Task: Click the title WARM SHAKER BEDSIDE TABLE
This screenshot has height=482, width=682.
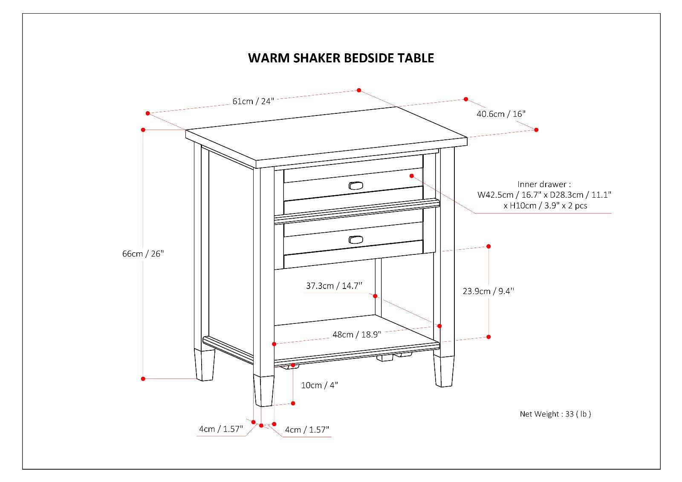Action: tap(341, 58)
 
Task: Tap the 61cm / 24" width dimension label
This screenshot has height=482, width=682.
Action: tap(253, 101)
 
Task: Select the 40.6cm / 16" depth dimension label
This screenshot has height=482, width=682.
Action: tap(501, 114)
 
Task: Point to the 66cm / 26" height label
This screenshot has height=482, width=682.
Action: tap(143, 254)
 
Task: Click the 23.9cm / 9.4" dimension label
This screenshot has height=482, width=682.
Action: tap(488, 291)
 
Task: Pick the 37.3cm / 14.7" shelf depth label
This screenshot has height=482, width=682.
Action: tap(334, 286)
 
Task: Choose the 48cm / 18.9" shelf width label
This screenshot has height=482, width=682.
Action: tap(357, 335)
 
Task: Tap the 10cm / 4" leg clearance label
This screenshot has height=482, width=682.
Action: tap(319, 385)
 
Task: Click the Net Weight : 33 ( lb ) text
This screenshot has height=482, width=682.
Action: tap(555, 414)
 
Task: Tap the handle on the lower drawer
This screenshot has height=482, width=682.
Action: tap(355, 240)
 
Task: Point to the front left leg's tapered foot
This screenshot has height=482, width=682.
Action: tap(263, 390)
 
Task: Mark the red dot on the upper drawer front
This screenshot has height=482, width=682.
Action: tap(412, 176)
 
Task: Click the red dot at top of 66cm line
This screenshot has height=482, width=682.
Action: tap(143, 130)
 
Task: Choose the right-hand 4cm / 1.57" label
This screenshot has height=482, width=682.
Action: tap(307, 430)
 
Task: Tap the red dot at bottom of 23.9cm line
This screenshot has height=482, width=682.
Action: tap(488, 337)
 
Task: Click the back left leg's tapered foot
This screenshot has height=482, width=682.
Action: tap(204, 365)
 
